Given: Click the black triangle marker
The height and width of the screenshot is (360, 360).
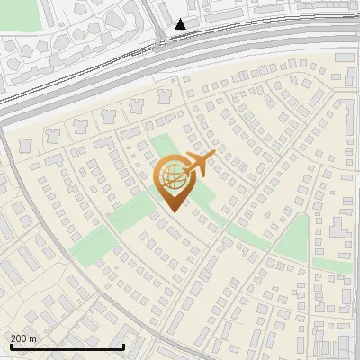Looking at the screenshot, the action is point(181,24).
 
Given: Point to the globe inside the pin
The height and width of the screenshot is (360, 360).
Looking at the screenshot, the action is point(171,176).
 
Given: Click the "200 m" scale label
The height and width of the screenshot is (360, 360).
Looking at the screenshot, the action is point(24,338).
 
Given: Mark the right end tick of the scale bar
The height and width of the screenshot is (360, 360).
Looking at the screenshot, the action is point(123,345).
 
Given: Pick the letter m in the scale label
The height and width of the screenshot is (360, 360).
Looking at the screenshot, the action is point(33,338).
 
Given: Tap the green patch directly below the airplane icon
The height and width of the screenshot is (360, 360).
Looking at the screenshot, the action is point(203,193).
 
